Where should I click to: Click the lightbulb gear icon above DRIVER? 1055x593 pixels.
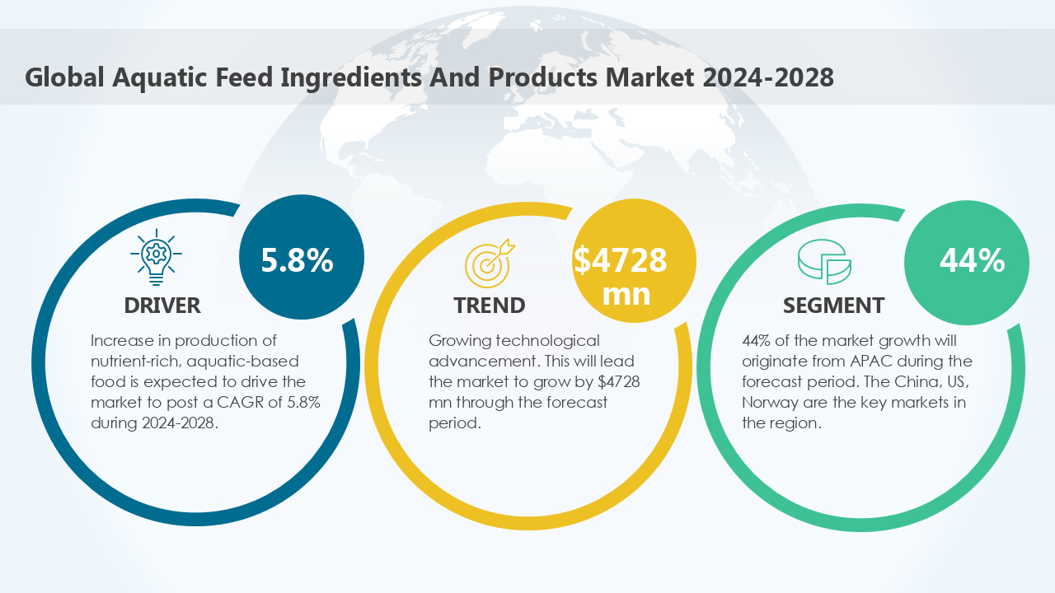pos(157,256)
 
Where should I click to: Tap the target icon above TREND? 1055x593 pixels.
pos(489,261)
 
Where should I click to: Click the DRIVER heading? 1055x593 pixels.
pos(162,306)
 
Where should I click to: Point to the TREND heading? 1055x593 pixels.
pos(489,306)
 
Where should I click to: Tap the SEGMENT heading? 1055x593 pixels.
pos(833,306)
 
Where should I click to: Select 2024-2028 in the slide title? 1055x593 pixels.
pos(769,77)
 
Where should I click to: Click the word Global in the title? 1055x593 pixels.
pos(64,77)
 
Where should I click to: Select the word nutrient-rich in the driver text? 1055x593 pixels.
pos(133,362)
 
